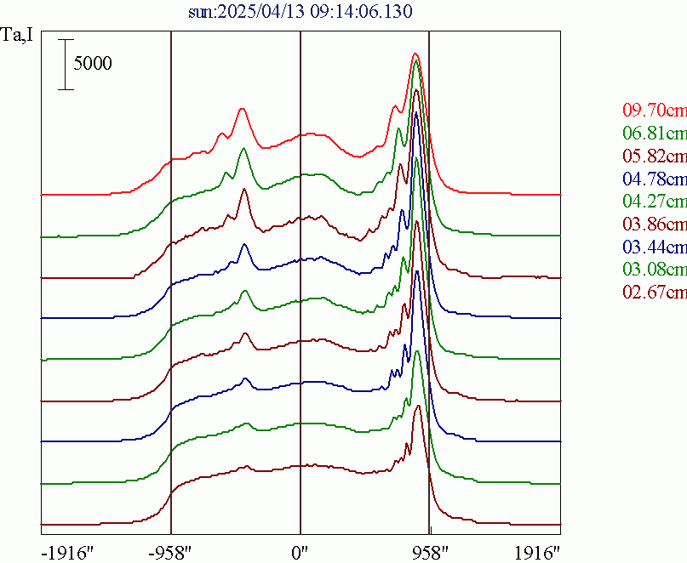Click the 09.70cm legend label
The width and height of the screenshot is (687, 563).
click(654, 111)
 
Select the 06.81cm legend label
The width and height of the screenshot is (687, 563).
click(654, 134)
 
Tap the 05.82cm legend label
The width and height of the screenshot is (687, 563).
click(654, 156)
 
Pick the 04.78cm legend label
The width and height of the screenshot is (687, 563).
click(654, 179)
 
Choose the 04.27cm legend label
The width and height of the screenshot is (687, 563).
click(654, 202)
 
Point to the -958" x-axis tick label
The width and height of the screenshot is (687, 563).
click(172, 551)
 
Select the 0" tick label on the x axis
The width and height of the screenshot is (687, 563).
click(301, 551)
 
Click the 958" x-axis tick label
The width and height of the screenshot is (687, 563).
click(429, 551)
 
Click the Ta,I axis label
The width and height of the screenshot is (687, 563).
click(18, 37)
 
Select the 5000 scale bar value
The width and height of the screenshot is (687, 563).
click(92, 64)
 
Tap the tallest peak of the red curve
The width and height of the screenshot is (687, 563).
click(415, 54)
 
